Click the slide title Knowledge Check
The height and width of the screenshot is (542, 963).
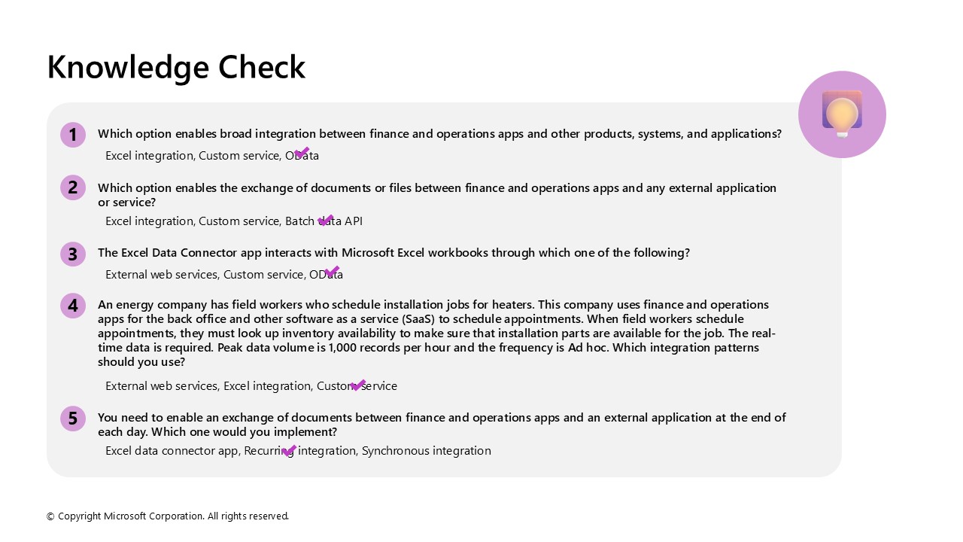point(176,67)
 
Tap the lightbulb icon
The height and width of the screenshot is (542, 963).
point(842,114)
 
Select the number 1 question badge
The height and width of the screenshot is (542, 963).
point(73,135)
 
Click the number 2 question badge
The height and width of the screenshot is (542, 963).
point(73,187)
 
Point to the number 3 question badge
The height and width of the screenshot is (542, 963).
point(73,254)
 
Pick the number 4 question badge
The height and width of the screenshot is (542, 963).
point(73,306)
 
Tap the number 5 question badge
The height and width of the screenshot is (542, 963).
point(73,419)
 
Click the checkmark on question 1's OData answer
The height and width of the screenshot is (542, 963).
point(302,153)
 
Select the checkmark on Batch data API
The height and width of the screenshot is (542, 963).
point(325,220)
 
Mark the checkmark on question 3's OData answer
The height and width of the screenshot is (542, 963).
point(332,271)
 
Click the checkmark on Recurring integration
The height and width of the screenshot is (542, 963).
point(289,450)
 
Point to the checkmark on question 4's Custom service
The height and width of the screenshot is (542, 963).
point(357,385)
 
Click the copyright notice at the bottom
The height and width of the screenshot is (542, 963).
point(168,516)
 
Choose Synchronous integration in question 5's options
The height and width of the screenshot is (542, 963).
point(426,451)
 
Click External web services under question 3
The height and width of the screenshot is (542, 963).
point(161,275)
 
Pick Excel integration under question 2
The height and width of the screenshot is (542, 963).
point(149,221)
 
